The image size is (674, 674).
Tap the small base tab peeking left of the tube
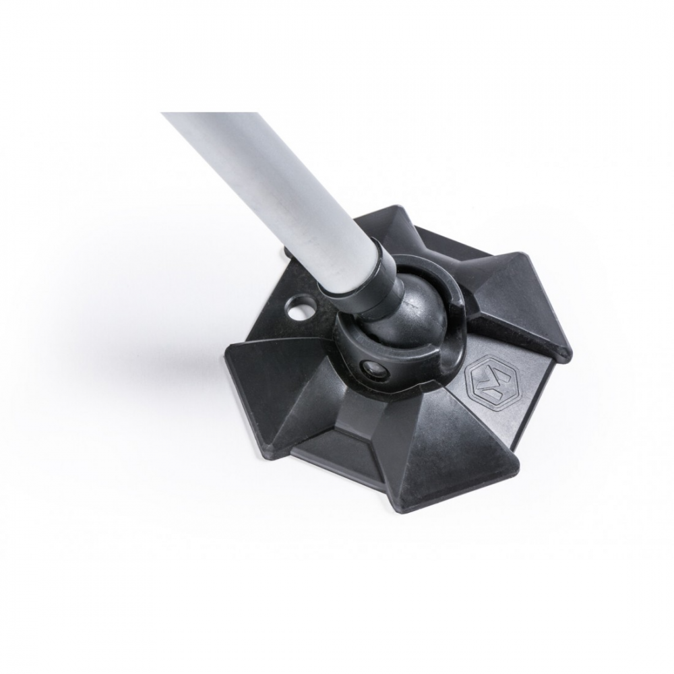coord(286,255)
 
